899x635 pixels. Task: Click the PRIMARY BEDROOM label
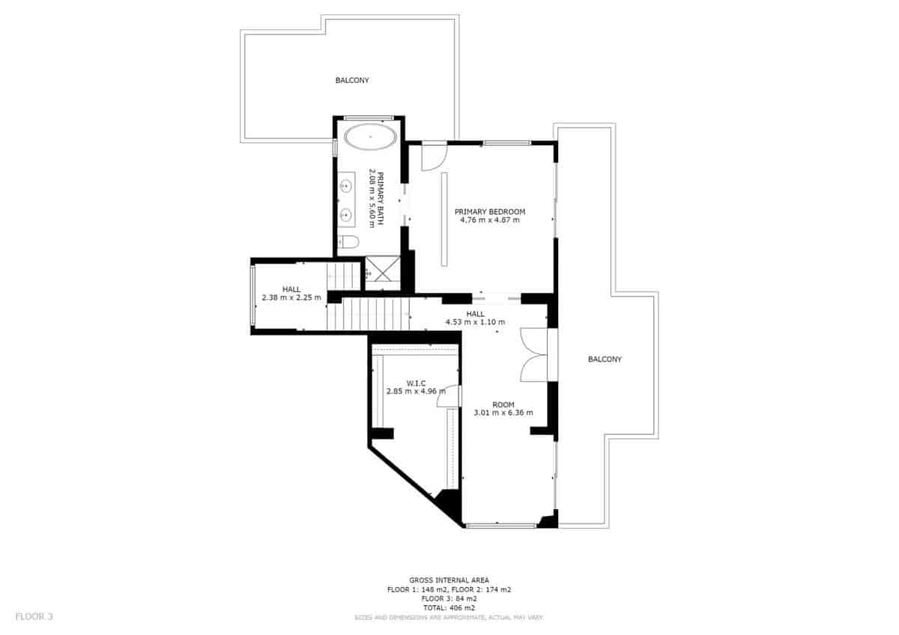tap(490, 212)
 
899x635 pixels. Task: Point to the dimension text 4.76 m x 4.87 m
tap(490, 221)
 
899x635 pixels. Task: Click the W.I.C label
tap(416, 382)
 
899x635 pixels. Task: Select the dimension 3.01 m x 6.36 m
tap(503, 413)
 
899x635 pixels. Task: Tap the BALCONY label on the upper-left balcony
tap(352, 80)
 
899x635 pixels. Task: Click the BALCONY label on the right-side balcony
tap(605, 359)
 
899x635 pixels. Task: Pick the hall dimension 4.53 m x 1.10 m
tap(475, 323)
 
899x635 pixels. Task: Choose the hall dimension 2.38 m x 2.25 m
tap(291, 297)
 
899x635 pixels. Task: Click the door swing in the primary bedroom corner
tap(433, 155)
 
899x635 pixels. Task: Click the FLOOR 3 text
tap(34, 617)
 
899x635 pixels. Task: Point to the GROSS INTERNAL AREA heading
tap(449, 580)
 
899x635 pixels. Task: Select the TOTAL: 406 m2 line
tap(449, 608)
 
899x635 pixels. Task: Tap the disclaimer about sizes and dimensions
tap(449, 618)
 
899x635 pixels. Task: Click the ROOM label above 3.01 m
tap(503, 404)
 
